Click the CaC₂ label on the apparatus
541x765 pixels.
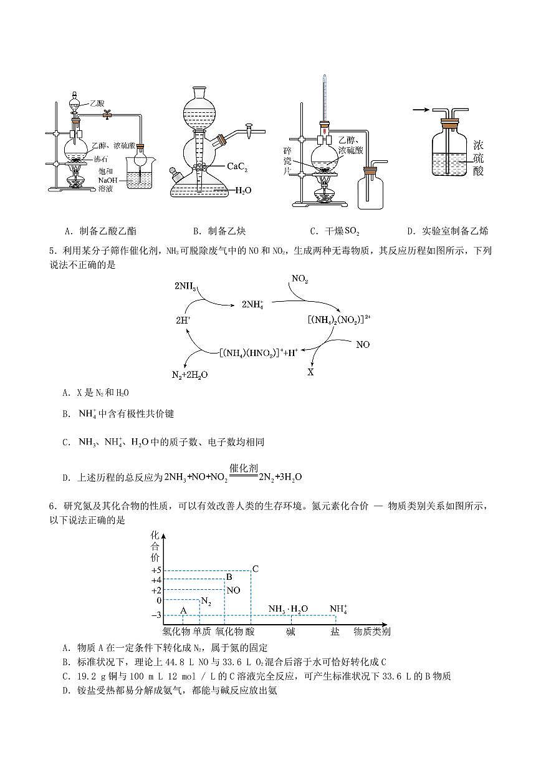coord(240,166)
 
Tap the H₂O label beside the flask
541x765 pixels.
coord(242,191)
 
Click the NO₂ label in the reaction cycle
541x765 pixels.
coord(300,280)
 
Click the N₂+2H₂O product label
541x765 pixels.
coord(189,375)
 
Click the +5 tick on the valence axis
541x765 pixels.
coord(156,570)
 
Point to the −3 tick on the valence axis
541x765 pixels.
coord(156,615)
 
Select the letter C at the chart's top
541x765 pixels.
coord(255,569)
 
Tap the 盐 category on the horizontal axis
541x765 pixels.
coord(335,632)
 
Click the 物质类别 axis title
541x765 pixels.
coord(372,632)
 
